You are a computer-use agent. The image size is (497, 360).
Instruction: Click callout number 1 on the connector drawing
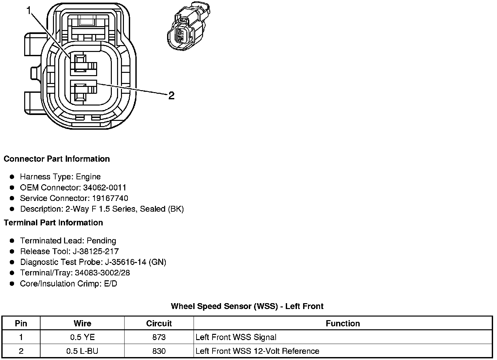pos(29,11)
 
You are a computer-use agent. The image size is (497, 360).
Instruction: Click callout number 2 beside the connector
pos(171,96)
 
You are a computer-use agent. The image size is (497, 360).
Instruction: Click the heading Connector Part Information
pos(57,159)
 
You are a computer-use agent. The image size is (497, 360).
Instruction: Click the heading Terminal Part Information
pos(53,223)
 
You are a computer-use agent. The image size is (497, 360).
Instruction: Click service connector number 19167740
pos(110,198)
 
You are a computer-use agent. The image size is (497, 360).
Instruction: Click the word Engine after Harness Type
pos(88,177)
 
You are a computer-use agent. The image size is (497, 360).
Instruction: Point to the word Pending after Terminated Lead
pos(101,241)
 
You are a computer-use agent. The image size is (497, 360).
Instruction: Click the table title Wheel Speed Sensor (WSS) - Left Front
pos(247,306)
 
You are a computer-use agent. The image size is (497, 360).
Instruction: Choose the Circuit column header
pos(159,323)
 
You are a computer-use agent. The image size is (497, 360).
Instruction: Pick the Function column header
pos(343,323)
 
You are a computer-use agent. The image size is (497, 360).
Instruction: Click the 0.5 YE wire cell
pos(82,337)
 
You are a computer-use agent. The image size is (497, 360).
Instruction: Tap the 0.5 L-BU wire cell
pos(82,351)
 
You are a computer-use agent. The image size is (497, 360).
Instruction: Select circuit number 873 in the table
pos(159,337)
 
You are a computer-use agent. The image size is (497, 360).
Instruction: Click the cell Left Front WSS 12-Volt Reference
pos(257,351)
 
